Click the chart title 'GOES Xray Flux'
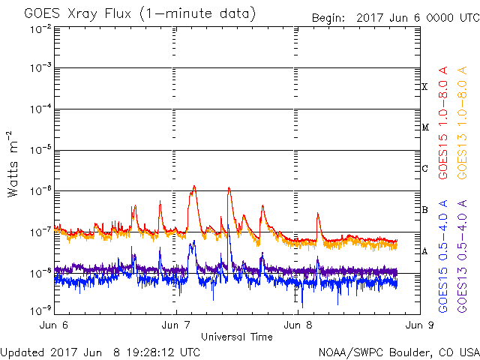click(x=78, y=13)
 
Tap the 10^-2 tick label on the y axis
click(x=40, y=30)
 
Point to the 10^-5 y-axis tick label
click(x=40, y=151)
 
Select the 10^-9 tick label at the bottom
click(x=40, y=311)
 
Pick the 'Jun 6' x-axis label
click(x=54, y=325)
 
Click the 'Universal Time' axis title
click(x=237, y=337)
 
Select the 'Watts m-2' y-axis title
click(x=13, y=164)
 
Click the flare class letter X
click(x=424, y=87)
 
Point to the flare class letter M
click(x=425, y=127)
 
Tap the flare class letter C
click(x=424, y=168)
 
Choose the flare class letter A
click(x=424, y=251)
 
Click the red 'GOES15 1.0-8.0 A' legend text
click(x=443, y=123)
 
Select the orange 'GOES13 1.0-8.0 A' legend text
click(x=462, y=123)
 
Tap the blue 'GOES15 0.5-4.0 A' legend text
click(x=443, y=256)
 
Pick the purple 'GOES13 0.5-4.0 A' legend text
click(x=462, y=256)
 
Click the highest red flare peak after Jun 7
click(x=194, y=186)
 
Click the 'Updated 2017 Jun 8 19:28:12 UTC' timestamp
click(x=100, y=352)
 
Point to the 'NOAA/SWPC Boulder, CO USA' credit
click(x=399, y=352)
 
